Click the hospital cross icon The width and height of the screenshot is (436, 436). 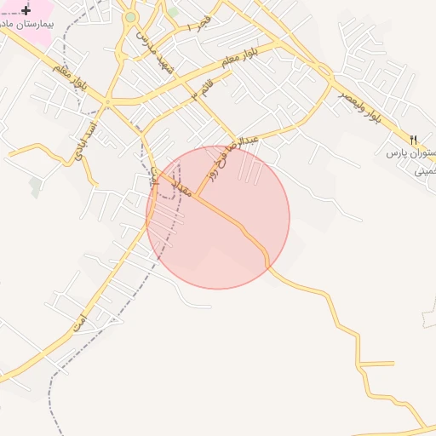(25, 10)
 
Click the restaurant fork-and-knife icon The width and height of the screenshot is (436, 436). (414, 139)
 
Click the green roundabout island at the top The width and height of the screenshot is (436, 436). (130, 17)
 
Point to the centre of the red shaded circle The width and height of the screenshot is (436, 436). (218, 217)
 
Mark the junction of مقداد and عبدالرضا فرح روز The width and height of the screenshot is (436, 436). (196, 195)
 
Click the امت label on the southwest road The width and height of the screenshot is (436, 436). (79, 322)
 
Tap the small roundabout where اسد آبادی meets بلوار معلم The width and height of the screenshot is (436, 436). (107, 102)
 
